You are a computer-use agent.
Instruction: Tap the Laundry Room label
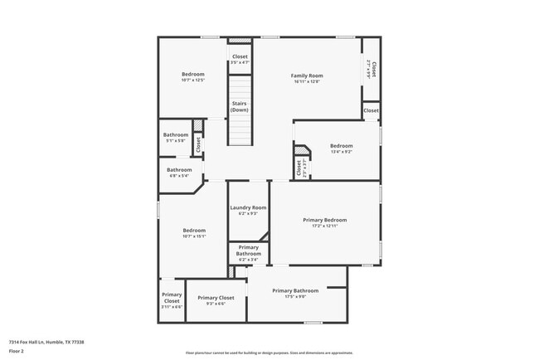click(249, 207)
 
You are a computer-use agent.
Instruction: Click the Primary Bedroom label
click(324, 220)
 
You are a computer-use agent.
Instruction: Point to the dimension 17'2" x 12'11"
click(324, 226)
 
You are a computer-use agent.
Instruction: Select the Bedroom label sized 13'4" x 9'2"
click(342, 146)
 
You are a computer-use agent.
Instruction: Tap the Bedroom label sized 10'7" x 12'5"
click(193, 75)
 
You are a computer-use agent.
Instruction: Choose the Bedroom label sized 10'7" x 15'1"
click(194, 230)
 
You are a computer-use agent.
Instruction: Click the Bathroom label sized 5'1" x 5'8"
click(176, 134)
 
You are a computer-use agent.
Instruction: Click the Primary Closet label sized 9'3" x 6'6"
click(216, 297)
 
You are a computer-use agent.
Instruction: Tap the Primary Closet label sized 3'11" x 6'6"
click(172, 297)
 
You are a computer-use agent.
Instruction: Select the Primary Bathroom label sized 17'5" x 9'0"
click(295, 290)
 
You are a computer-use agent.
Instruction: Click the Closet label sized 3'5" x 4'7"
click(240, 56)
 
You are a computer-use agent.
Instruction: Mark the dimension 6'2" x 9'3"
click(249, 213)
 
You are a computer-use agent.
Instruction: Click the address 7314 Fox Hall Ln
click(46, 342)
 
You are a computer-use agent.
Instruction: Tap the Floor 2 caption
click(17, 352)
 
